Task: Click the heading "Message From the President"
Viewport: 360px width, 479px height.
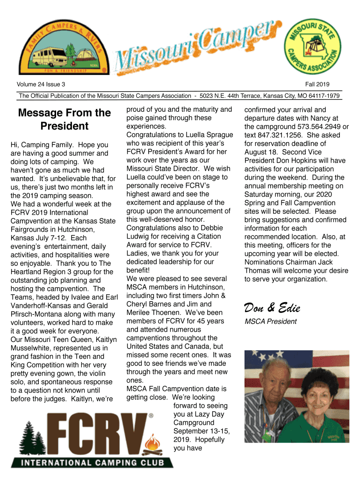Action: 64,119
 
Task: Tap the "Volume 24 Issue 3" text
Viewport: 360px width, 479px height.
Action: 41,85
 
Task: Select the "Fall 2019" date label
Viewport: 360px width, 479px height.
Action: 317,85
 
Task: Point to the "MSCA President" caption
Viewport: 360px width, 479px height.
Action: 271,321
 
